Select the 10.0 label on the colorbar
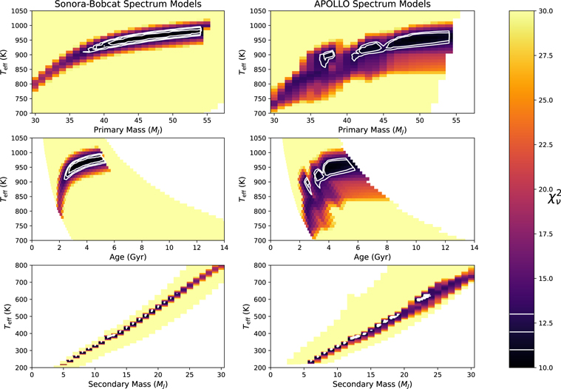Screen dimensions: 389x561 539,368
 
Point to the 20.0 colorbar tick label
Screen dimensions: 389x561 539,189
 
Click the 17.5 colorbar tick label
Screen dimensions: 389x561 539,234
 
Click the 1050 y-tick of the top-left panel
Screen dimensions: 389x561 21,11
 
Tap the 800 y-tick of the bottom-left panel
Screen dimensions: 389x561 22,265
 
